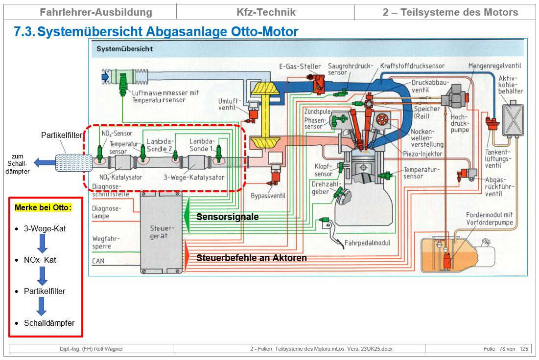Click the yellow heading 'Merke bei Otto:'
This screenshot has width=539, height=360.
pyautogui.click(x=43, y=207)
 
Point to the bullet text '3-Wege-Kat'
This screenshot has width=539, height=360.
pyautogui.click(x=45, y=228)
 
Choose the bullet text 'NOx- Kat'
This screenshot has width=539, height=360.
pyautogui.click(x=40, y=260)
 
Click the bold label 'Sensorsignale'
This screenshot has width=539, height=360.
pyautogui.click(x=227, y=217)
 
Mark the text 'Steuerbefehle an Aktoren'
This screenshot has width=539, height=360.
pyautogui.click(x=252, y=258)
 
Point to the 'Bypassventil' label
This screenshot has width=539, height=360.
pyautogui.click(x=268, y=196)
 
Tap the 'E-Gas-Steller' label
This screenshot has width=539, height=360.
pyautogui.click(x=300, y=67)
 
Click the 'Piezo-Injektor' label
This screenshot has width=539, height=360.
pyautogui.click(x=422, y=154)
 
